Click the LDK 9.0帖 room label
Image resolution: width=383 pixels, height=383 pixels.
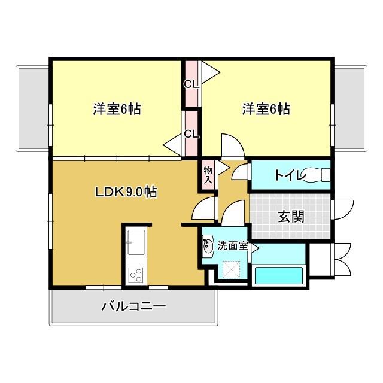(126, 192)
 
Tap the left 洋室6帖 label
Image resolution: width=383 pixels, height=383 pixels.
(117, 110)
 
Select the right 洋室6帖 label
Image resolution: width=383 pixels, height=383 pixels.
(266, 110)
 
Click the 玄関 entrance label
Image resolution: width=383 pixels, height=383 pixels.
(290, 216)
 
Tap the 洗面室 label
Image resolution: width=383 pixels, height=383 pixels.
(232, 245)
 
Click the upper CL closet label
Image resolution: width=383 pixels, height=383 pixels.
(191, 84)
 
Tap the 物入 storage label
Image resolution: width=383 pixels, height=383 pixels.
(208, 175)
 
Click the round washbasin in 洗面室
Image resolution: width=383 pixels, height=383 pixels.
(209, 245)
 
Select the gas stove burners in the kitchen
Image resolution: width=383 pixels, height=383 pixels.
(136, 275)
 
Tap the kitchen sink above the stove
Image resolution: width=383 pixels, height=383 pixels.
(136, 244)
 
